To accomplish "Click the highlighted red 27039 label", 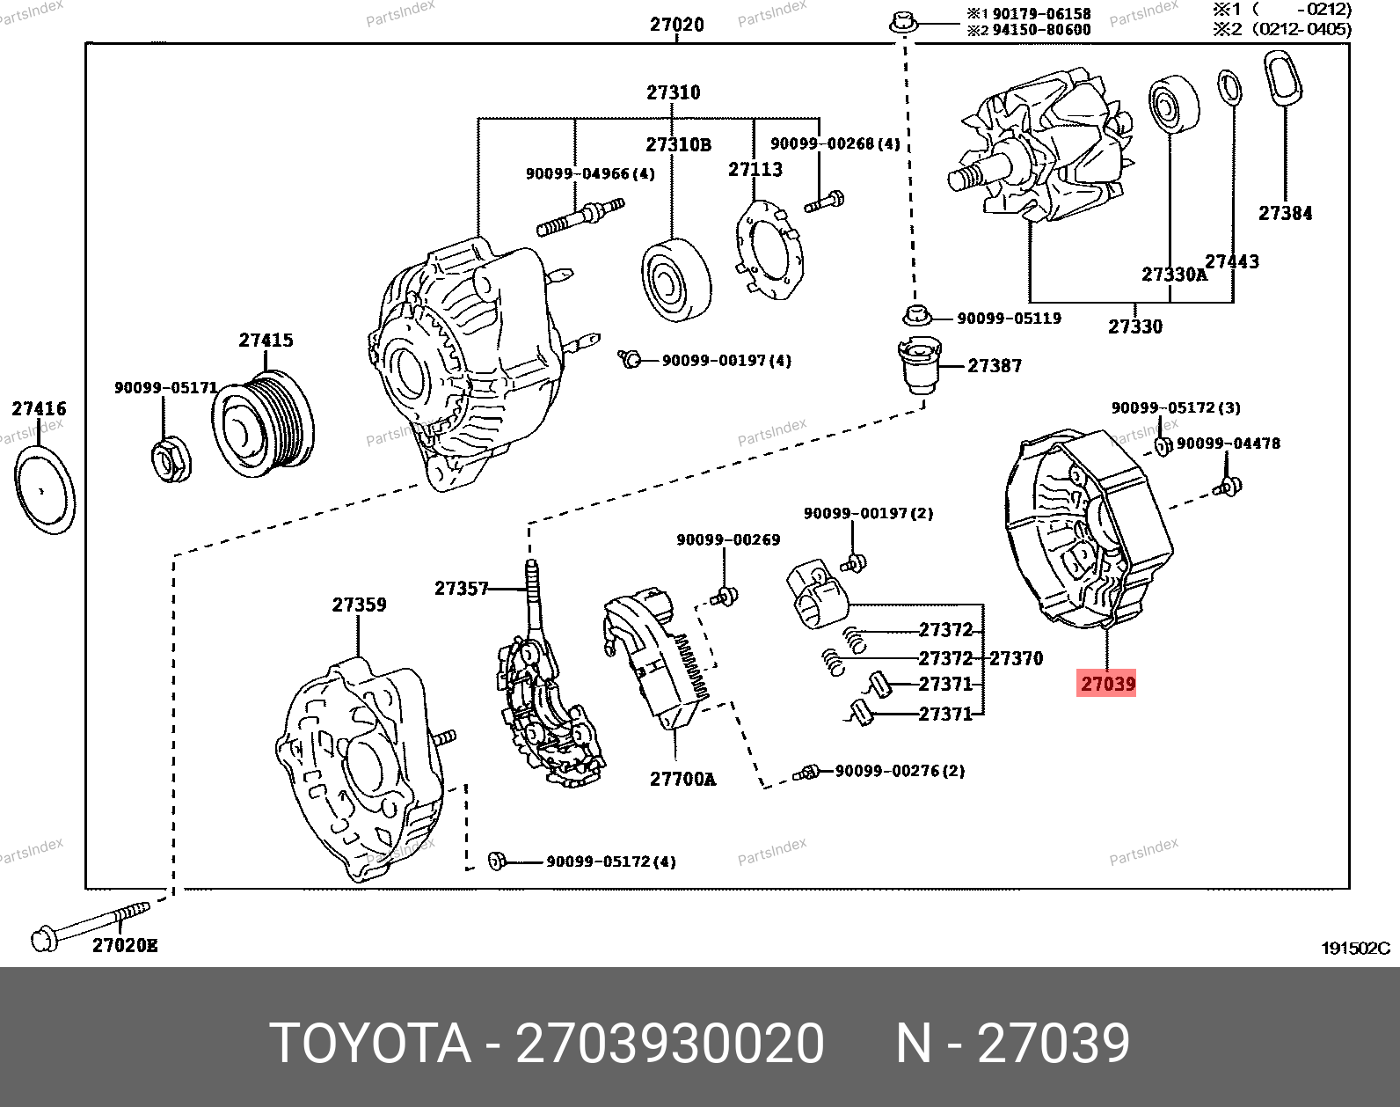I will (x=1107, y=683).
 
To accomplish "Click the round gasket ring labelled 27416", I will (x=44, y=489).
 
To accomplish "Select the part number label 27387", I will (x=994, y=365).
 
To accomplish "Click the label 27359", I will (x=359, y=605).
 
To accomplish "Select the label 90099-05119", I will (x=1008, y=319).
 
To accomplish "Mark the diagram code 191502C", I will (x=1355, y=948).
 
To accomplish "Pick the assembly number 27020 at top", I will (x=676, y=25).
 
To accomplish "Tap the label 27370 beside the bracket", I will (x=1016, y=658).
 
